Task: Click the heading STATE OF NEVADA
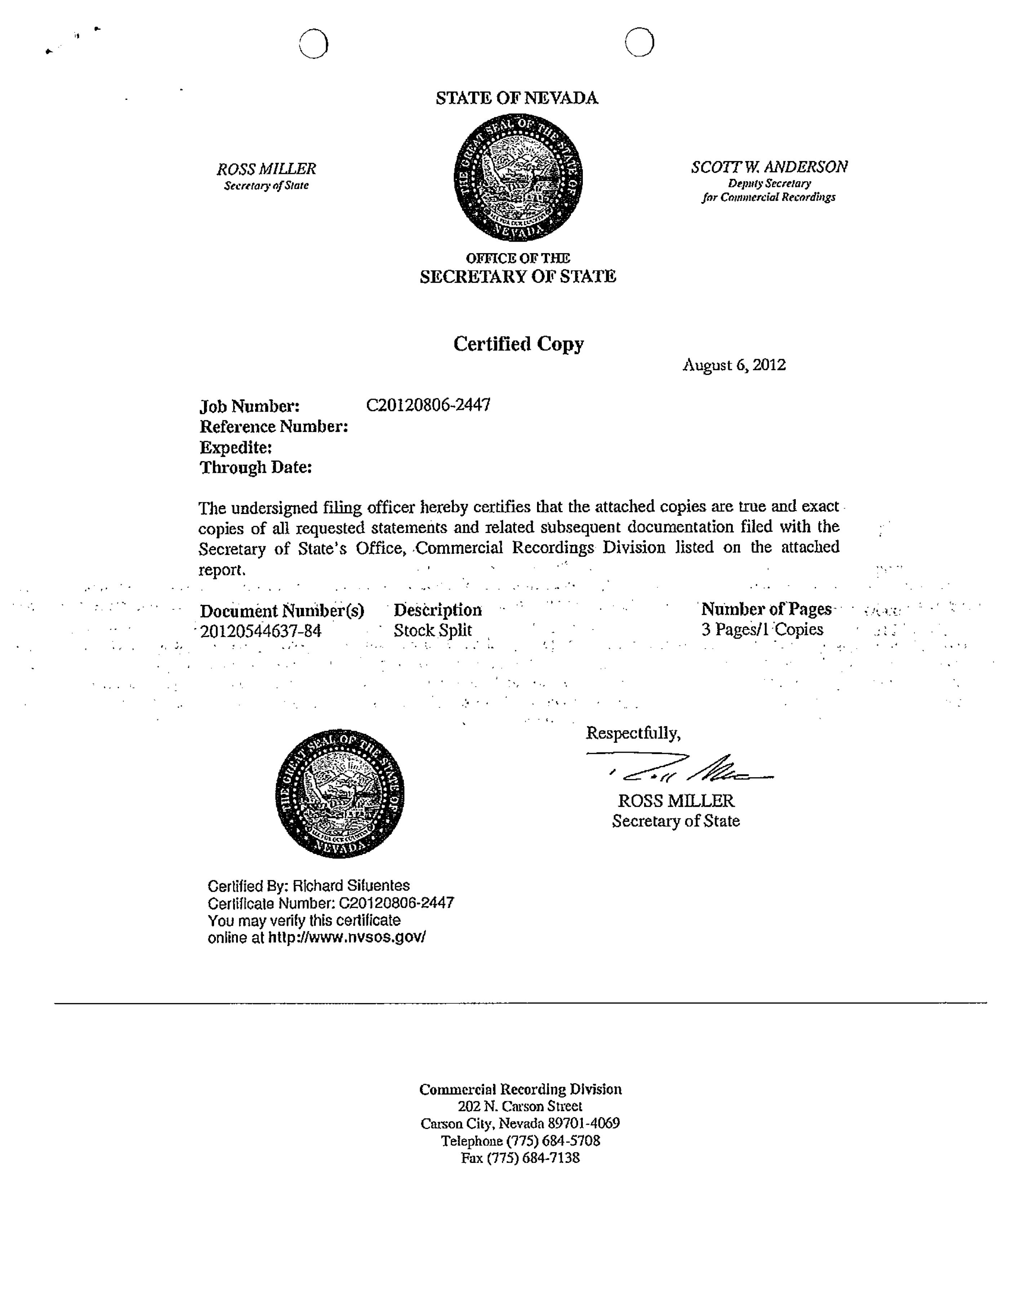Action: coord(516,98)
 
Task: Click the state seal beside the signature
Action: coord(340,793)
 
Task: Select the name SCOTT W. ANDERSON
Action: coord(769,167)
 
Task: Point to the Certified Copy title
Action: coord(518,344)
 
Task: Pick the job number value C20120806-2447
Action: coord(428,406)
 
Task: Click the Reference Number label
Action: coord(274,427)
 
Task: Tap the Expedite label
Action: coord(235,447)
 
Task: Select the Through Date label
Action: coord(256,467)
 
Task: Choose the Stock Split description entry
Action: coord(433,630)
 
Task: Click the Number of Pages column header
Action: coord(767,609)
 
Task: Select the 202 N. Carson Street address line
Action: coord(520,1106)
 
